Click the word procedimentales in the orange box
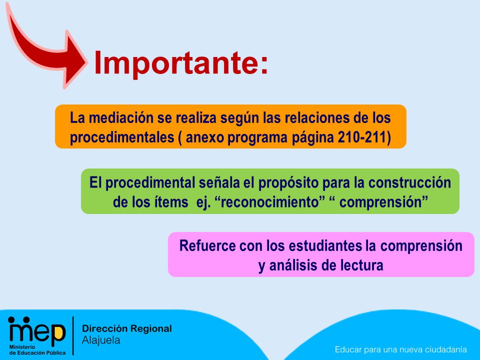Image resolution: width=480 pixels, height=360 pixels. (122, 138)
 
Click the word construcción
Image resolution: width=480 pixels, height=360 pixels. (409, 183)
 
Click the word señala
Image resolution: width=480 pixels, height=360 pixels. (219, 183)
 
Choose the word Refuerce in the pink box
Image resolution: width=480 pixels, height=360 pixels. (207, 246)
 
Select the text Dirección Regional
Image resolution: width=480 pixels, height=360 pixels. (126, 328)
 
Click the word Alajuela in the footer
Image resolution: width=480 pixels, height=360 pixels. (101, 340)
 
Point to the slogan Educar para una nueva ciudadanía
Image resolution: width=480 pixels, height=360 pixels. (400, 349)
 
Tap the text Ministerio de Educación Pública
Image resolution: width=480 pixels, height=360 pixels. (37, 350)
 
